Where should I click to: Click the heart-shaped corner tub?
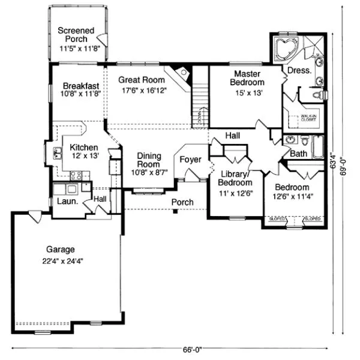[x=286, y=48]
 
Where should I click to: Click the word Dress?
[x=299, y=70]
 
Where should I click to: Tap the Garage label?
[x=62, y=249]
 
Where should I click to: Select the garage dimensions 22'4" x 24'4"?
[x=62, y=261]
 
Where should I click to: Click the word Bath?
[x=298, y=154]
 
